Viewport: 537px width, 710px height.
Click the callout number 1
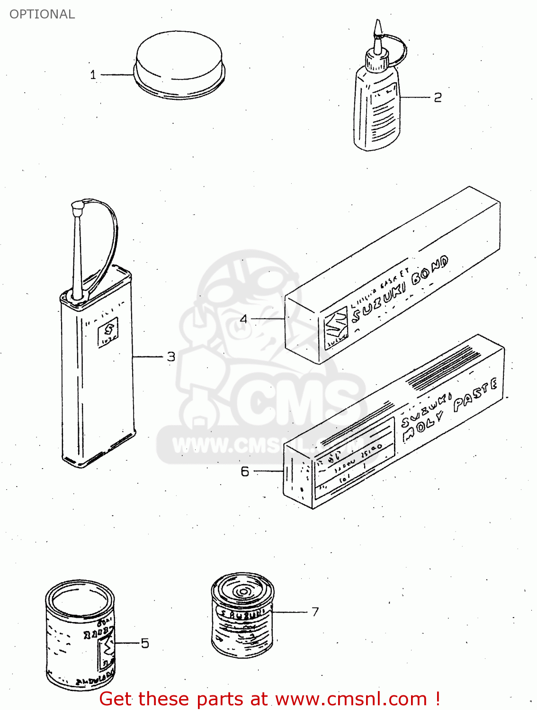coord(93,75)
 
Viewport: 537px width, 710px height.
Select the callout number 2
coord(438,98)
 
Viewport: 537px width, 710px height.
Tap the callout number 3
coord(171,356)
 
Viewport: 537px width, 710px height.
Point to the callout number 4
coord(243,319)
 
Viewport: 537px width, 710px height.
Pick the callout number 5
coord(144,643)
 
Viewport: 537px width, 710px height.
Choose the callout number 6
coord(245,471)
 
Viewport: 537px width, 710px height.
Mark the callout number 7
coord(315,612)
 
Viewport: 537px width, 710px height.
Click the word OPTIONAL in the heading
coord(42,14)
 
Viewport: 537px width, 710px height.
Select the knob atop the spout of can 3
coord(77,207)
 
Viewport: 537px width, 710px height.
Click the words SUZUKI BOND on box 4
coord(400,289)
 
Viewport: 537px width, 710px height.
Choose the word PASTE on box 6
coord(475,395)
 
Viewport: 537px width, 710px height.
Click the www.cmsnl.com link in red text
coord(351,699)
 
